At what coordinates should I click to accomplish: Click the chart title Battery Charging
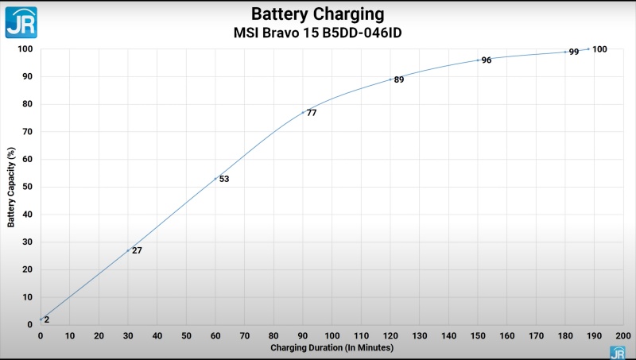point(318,14)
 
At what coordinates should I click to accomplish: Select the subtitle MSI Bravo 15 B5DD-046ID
point(318,34)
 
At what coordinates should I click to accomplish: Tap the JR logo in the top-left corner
point(21,21)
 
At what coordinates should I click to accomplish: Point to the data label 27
point(137,250)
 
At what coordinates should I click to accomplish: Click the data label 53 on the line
point(224,179)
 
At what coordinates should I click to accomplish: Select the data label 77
point(312,113)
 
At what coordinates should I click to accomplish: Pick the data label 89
point(399,79)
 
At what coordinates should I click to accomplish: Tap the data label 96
point(487,60)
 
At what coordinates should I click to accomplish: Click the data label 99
point(574,52)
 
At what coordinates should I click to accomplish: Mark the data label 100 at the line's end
point(600,49)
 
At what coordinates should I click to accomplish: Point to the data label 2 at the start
point(47,319)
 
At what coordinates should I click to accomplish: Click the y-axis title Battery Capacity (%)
point(11,187)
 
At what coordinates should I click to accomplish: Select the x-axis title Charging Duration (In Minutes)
point(332,348)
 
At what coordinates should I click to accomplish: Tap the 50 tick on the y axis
point(27,187)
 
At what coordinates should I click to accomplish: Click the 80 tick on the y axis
point(27,104)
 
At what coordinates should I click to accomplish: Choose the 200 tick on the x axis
point(623,335)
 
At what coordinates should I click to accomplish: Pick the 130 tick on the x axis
point(419,335)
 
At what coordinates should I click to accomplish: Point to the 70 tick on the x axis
point(244,335)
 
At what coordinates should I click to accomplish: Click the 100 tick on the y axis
point(25,49)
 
